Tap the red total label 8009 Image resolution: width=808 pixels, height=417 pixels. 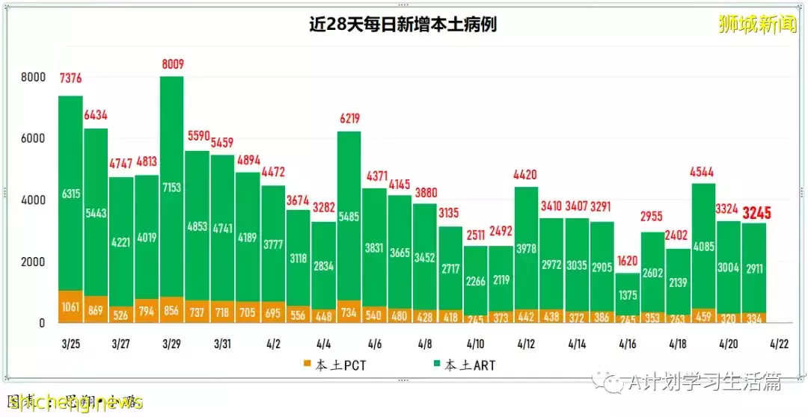(x=172, y=65)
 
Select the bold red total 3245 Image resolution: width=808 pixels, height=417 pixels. (x=756, y=213)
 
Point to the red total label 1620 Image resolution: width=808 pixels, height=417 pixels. (x=628, y=262)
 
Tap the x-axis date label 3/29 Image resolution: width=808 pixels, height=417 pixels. (x=171, y=345)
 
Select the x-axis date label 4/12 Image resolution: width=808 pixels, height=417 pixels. (x=527, y=345)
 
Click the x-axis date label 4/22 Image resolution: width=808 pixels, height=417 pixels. (x=778, y=345)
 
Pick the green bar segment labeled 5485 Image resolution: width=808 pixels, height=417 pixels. (x=349, y=217)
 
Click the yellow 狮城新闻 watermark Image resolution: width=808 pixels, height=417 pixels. (x=756, y=25)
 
